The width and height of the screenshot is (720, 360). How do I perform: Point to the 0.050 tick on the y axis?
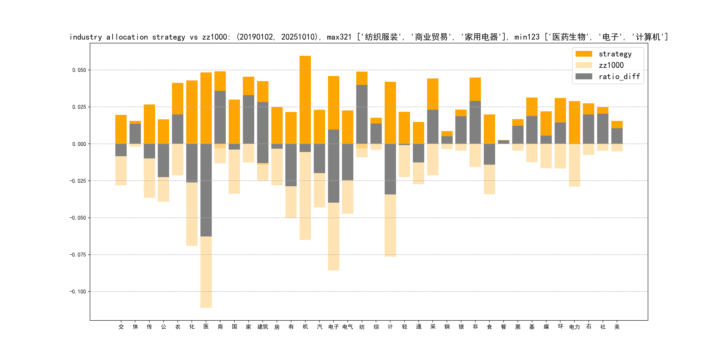79,70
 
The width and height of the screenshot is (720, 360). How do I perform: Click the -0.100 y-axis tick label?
78,292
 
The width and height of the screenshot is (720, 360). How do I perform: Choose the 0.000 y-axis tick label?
79,144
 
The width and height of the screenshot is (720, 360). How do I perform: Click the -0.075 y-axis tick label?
78,255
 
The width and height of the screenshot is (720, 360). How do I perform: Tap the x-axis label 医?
206,327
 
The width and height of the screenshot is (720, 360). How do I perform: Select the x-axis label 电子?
334,327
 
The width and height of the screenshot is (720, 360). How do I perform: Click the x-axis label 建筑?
263,327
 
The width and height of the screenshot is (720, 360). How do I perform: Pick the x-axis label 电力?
574,327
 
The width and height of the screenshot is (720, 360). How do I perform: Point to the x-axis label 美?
617,327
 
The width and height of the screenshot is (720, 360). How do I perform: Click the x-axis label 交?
121,327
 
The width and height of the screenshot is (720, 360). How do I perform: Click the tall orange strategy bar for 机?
305,98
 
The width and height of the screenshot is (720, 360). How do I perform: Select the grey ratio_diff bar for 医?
206,190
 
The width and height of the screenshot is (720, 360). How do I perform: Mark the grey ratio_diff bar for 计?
390,169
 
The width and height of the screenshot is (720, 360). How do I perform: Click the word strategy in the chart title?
168,37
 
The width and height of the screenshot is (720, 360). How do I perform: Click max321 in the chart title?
339,37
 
